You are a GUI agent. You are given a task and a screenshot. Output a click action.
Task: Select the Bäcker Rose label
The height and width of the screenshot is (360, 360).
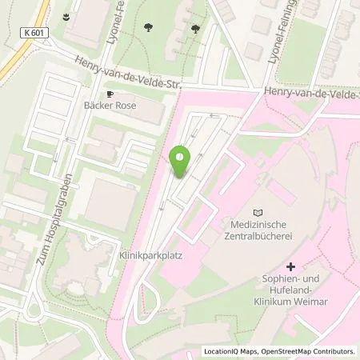118,105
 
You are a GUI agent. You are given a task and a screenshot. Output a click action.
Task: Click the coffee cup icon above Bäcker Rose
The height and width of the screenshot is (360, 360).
112,93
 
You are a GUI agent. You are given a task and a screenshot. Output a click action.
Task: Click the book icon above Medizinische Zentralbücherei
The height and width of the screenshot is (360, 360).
256,212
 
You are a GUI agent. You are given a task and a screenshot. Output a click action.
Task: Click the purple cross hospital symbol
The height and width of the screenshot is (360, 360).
290,266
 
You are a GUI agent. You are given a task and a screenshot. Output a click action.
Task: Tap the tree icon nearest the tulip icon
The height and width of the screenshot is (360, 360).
150,27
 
